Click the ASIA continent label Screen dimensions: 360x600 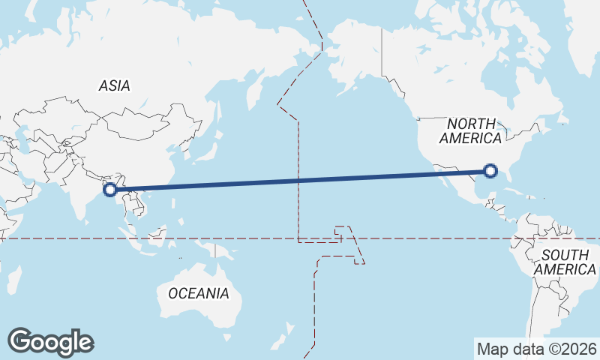[114, 85]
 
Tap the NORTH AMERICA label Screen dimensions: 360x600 [470, 130]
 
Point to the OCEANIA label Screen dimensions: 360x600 [198, 293]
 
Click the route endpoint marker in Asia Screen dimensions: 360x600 [110, 189]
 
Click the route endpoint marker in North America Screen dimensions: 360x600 [490, 171]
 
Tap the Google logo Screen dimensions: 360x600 [50, 342]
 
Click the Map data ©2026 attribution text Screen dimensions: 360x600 [537, 349]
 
